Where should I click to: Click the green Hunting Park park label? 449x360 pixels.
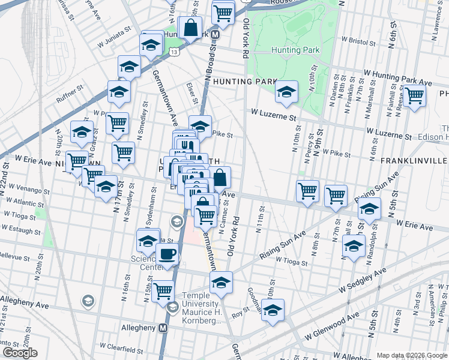click(293, 50)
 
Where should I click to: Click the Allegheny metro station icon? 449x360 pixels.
click(162, 328)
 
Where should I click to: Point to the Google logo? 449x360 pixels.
click(20, 352)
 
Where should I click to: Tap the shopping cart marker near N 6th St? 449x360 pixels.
click(414, 95)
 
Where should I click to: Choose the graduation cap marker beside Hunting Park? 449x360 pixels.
click(286, 92)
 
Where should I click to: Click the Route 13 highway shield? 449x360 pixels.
click(173, 52)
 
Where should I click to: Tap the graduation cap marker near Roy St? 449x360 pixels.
click(273, 310)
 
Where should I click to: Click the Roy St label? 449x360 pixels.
click(241, 311)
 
